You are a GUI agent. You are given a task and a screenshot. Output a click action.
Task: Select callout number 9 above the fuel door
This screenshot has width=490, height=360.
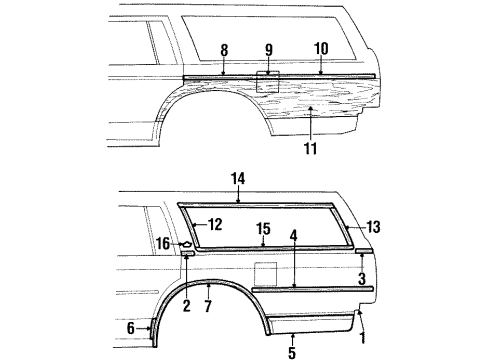[268, 48]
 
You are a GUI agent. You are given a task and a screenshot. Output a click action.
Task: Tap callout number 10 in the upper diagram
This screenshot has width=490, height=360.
[320, 47]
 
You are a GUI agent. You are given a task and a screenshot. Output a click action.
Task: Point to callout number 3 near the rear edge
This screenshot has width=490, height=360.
[362, 278]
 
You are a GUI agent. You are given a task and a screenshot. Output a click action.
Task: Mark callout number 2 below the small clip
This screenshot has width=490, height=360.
[186, 306]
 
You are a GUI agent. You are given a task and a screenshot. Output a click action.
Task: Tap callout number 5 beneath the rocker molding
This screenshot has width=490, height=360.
[292, 352]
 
